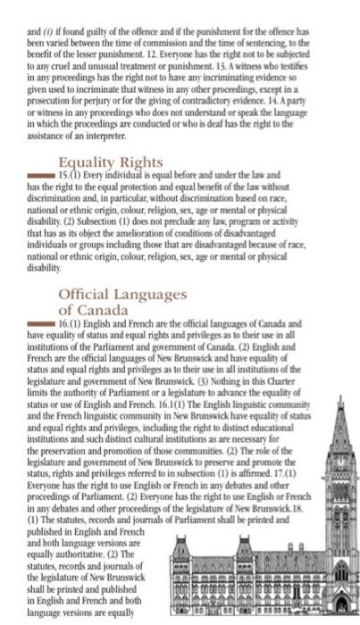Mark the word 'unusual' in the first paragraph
point(96,62)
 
